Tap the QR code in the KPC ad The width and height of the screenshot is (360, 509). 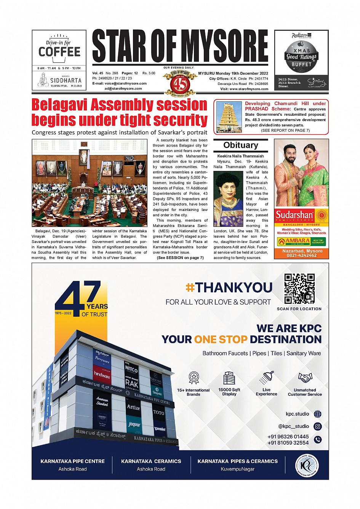click(299, 288)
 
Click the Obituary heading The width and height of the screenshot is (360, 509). click(240, 145)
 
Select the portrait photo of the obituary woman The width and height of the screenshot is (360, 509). click(228, 199)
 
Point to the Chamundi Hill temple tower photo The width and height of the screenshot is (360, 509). click(229, 117)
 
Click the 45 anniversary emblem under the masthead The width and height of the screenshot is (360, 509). click(180, 83)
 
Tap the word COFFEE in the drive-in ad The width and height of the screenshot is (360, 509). click(59, 52)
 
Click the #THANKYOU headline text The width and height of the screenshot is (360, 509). click(229, 287)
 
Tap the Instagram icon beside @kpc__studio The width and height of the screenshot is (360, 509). click(317, 426)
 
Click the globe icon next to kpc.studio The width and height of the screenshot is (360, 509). click(317, 414)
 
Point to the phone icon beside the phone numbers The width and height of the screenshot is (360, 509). click(317, 439)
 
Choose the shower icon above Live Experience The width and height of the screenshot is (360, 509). click(266, 378)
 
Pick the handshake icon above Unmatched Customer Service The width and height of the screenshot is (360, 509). click(305, 378)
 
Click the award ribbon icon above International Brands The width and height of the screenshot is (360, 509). click(194, 378)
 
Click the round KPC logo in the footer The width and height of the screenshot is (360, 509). click(307, 465)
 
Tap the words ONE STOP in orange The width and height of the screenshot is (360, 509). click(221, 339)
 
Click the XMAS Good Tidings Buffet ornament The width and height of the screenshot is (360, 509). click(301, 57)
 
